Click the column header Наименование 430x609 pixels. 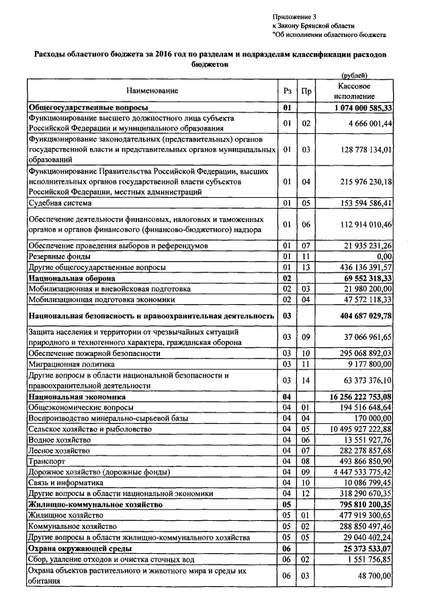point(151,91)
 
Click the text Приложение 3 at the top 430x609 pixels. point(294,15)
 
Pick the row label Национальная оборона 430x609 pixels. point(72,278)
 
